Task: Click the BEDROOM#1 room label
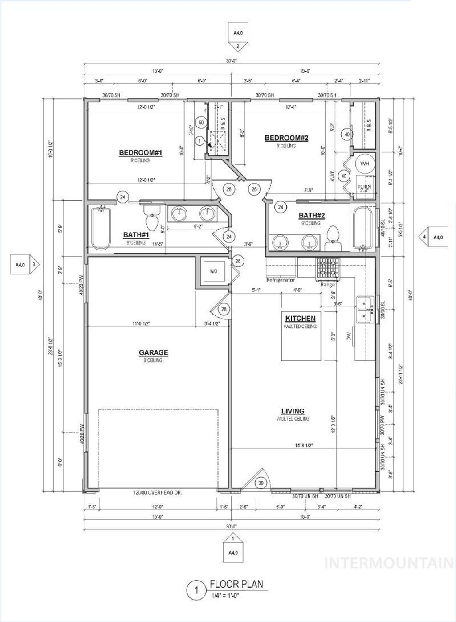point(140,153)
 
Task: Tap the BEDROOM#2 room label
point(286,138)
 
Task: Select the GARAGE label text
point(153,352)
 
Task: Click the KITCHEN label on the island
point(300,318)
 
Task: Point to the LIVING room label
point(293,411)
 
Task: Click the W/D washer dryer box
point(213,271)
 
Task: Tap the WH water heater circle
point(365,164)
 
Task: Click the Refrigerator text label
point(281,280)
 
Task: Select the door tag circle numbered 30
point(261,483)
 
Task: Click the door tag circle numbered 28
point(224,309)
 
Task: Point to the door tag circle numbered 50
point(201,122)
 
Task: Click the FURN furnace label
point(365,187)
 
